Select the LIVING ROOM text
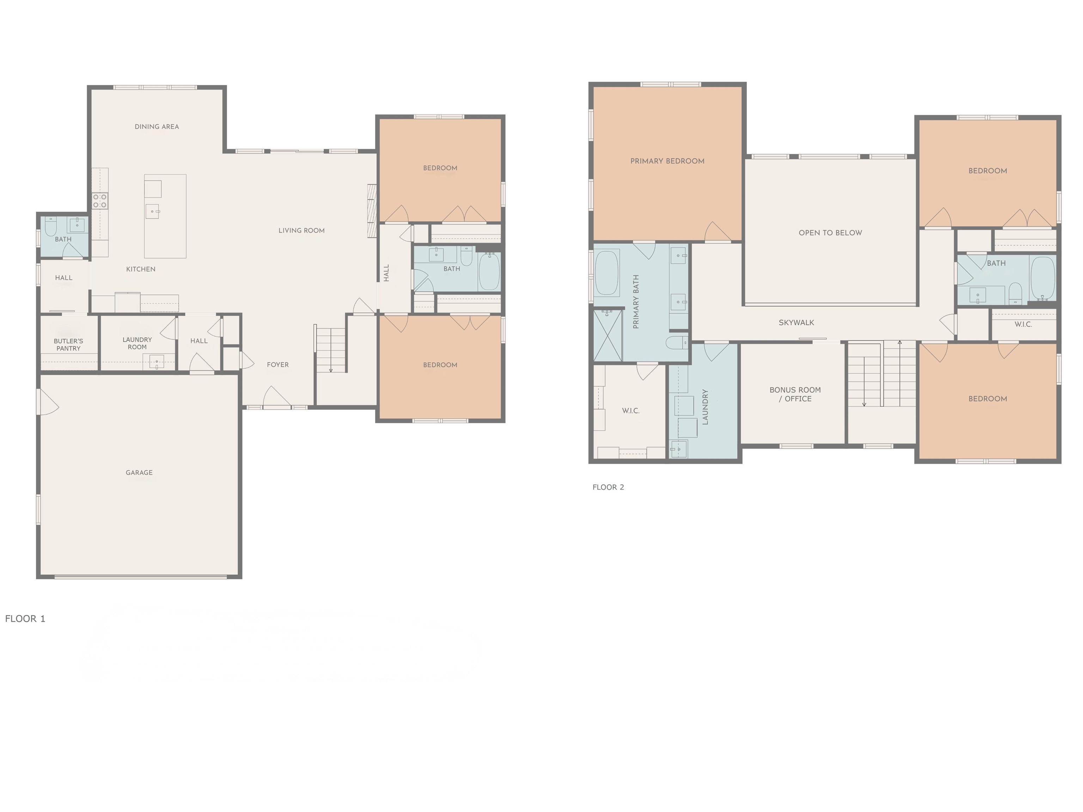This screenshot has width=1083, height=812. coord(301,230)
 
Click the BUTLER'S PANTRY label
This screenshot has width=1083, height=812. coord(68,345)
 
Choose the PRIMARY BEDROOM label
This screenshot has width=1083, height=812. coord(667,161)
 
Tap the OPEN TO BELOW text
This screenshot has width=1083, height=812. coord(830,233)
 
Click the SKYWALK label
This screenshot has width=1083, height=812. coord(797,322)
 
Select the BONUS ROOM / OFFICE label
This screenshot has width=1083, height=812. coord(795,394)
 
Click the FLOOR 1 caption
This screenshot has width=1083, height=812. coord(25,619)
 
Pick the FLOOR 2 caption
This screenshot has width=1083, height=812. coord(608,487)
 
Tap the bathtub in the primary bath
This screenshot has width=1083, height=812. coord(607,273)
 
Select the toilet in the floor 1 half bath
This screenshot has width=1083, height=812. coord(50,227)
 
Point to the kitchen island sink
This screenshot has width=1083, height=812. coord(152,211)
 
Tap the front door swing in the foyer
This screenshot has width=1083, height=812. coord(277,396)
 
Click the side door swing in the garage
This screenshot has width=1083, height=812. coord(48,402)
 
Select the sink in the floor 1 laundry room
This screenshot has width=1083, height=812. coord(156,362)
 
